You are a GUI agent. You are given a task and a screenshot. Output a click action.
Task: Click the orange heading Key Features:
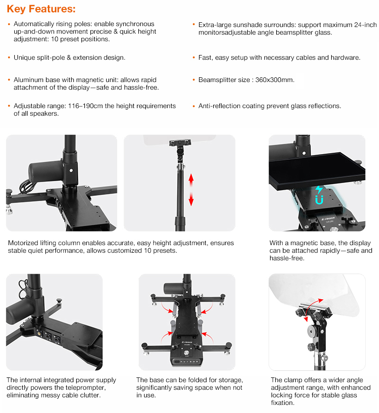click(x=41, y=9)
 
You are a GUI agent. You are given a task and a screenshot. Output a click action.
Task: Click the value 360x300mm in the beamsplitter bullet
click(x=275, y=80)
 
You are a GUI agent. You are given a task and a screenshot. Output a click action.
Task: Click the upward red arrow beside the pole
click(x=191, y=180)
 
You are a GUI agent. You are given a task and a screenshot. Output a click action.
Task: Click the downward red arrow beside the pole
click(x=191, y=199)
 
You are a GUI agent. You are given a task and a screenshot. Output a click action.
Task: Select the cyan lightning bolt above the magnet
click(x=319, y=190)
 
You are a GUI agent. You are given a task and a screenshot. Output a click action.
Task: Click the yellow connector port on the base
click(x=40, y=334)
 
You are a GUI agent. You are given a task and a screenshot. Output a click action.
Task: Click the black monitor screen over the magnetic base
click(x=316, y=169)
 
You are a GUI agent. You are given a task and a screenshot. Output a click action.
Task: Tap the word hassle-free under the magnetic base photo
click(x=287, y=258)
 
